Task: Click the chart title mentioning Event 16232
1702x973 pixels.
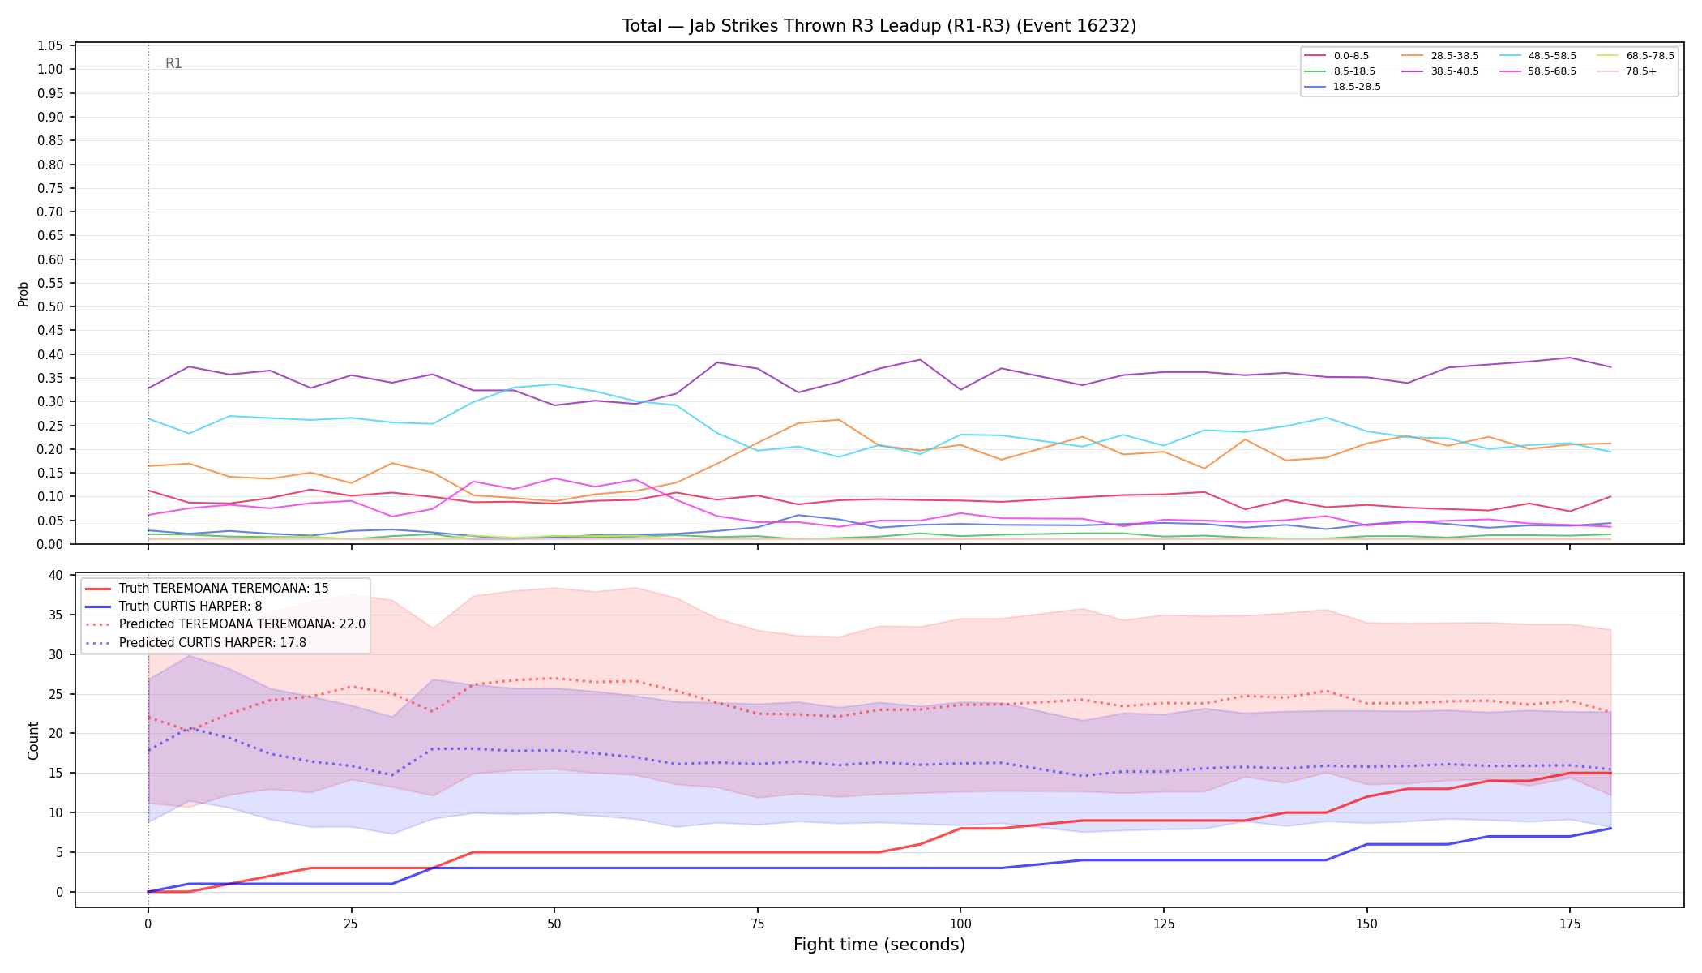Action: (x=879, y=26)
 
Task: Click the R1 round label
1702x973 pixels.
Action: (x=173, y=63)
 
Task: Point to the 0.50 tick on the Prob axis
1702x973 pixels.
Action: (x=50, y=307)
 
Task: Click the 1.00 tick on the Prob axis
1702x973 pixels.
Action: (x=50, y=70)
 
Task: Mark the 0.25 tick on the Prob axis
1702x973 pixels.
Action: (x=50, y=426)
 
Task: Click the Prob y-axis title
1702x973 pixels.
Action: (x=24, y=294)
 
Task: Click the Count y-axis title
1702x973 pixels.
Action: (x=33, y=740)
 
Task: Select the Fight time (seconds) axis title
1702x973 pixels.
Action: (x=879, y=945)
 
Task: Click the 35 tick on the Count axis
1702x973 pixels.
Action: (x=56, y=615)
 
